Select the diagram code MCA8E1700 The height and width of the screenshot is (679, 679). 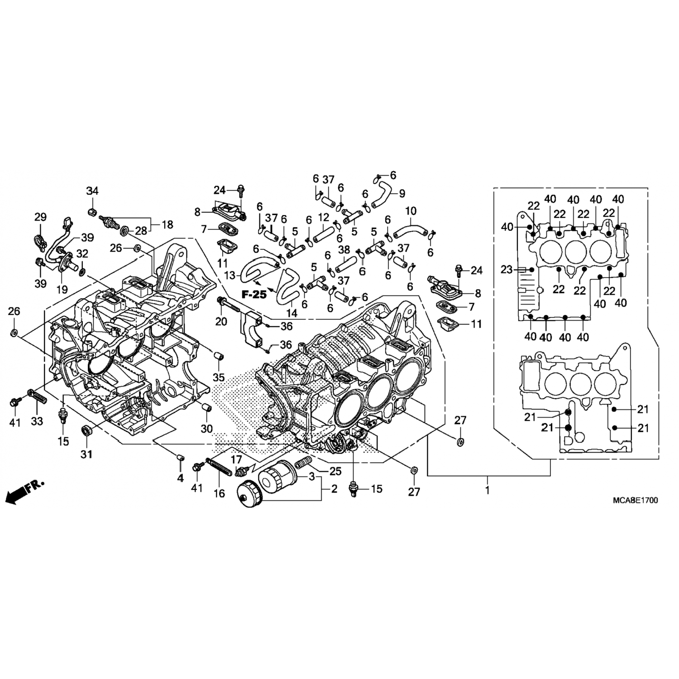coord(635,500)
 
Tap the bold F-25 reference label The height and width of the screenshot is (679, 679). coord(254,295)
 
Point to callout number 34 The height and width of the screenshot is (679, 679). coord(92,191)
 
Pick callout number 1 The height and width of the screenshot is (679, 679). coord(488,490)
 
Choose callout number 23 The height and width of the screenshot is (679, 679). coord(507,270)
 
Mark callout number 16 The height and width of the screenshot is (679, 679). coord(219,493)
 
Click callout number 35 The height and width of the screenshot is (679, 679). coord(219,377)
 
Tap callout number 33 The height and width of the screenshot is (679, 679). coord(37,421)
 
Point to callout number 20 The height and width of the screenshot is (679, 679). coord(221,321)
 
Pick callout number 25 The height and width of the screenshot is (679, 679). coord(335,471)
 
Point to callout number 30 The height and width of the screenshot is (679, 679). coord(206,428)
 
